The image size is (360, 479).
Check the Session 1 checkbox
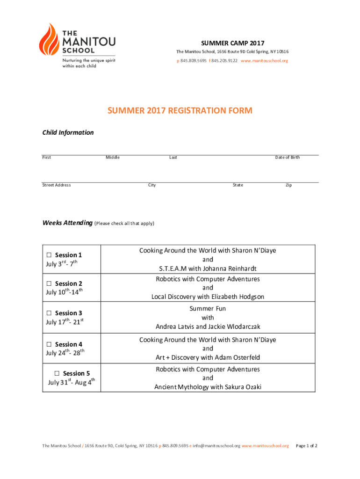point(49,255)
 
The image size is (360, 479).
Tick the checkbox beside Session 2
point(49,284)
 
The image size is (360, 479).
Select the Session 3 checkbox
point(49,313)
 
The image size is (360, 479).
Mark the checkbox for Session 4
point(49,345)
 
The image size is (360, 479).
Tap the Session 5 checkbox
point(57,373)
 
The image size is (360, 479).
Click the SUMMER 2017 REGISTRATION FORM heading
point(180,111)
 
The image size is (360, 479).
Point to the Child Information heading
point(68,132)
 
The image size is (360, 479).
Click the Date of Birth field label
point(288,157)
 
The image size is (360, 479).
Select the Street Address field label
point(57,185)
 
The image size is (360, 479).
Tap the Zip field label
point(289,185)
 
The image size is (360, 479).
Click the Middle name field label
point(113,157)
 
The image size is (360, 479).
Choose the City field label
point(152,185)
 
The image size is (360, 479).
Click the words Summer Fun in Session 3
point(208,309)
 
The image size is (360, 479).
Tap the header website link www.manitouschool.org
point(265,61)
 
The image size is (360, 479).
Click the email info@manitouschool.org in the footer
point(216,446)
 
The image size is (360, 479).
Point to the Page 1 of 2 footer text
point(307,446)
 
